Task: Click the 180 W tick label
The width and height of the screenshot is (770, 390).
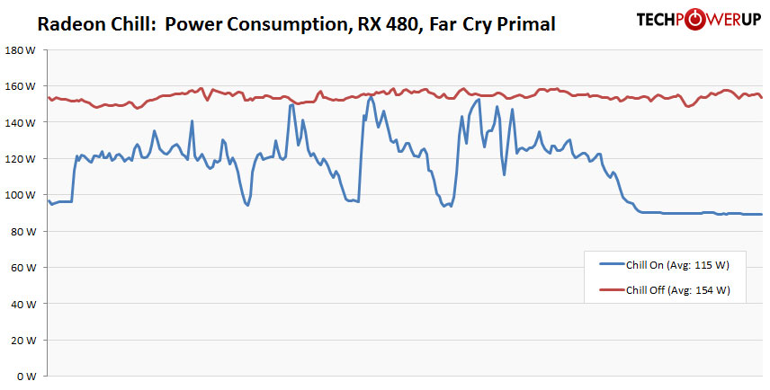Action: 20,50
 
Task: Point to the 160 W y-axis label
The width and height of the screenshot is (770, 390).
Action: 20,86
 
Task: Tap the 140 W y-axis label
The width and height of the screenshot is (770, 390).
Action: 20,122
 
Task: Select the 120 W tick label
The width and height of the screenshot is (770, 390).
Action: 20,159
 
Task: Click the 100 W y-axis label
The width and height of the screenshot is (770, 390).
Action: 20,195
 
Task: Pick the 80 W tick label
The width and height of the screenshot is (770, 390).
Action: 22,231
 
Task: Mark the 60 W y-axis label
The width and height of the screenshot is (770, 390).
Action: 22,268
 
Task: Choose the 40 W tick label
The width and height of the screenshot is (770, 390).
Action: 22,304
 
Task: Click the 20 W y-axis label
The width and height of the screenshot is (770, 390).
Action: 22,341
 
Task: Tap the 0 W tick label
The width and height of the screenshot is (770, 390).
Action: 25,377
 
